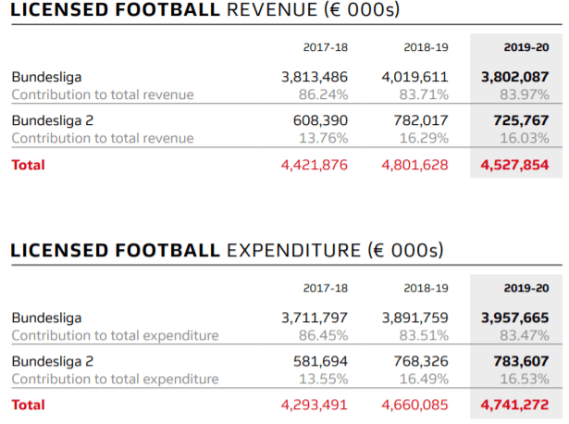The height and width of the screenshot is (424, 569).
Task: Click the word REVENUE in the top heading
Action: [x=272, y=9]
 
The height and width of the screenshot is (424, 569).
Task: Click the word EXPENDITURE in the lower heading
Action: [x=294, y=251]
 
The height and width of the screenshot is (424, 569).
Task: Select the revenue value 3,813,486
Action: [x=315, y=78]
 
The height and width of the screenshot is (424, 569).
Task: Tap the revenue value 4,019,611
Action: [x=414, y=78]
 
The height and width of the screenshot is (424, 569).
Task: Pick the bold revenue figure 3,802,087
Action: [x=515, y=78]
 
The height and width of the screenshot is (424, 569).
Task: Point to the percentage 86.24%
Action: [x=323, y=94]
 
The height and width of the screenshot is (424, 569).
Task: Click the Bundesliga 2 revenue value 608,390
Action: [x=320, y=120]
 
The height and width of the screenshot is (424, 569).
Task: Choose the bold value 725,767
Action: [x=521, y=120]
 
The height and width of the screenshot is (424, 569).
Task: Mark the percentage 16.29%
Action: [x=424, y=138]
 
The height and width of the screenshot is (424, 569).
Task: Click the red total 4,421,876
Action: [x=315, y=165]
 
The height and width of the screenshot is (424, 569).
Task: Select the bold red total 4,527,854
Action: [x=515, y=165]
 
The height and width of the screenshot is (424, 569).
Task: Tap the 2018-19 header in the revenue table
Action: [x=426, y=47]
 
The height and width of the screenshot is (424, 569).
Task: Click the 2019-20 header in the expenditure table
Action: [x=526, y=288]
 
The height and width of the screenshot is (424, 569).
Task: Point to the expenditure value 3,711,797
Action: [x=315, y=318]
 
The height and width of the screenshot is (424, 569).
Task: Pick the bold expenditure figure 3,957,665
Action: [x=515, y=318]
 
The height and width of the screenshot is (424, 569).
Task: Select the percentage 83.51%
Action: [x=424, y=335]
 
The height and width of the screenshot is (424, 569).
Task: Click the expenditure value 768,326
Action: [x=421, y=362]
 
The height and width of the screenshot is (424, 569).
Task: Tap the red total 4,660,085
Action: [x=414, y=405]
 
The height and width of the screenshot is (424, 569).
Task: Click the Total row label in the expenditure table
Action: [x=29, y=405]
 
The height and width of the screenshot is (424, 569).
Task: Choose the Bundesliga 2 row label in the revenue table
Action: [x=53, y=120]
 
